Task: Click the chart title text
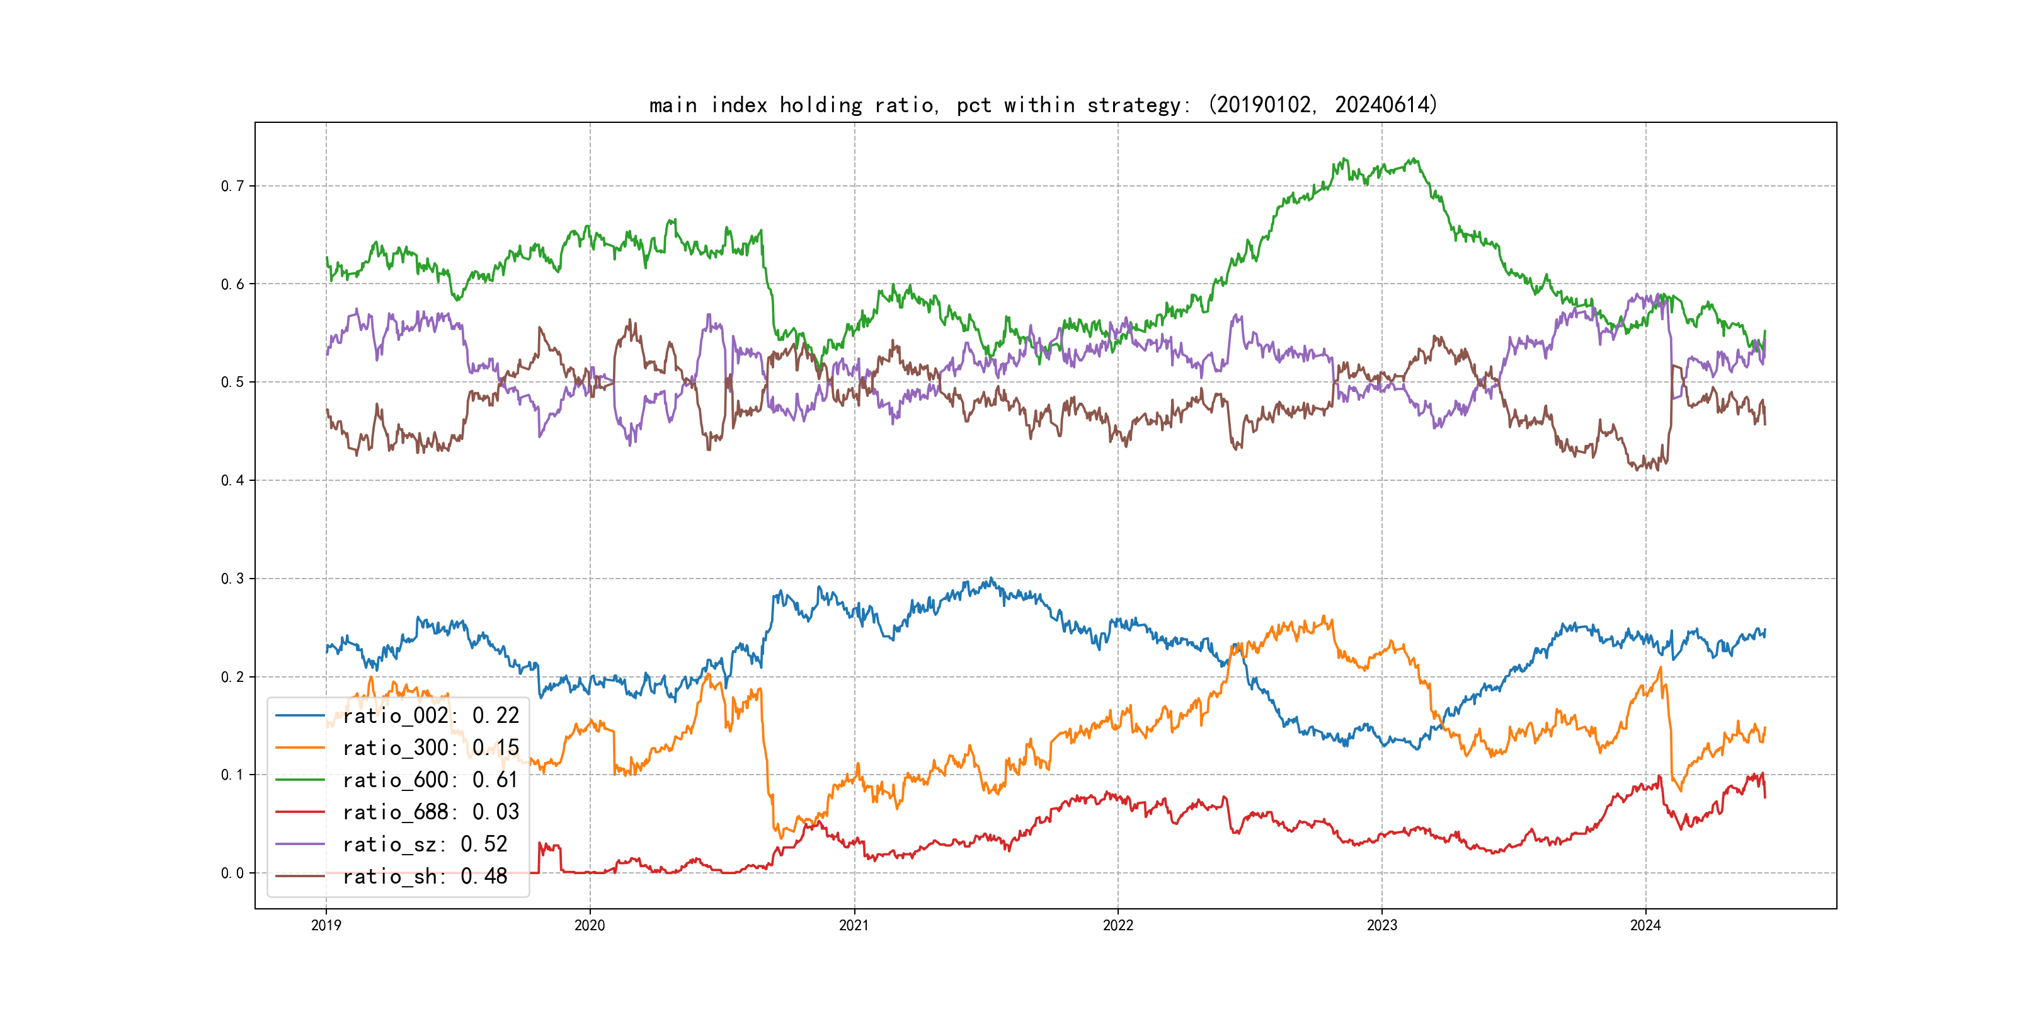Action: click(x=1043, y=105)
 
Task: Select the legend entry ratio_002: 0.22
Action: click(x=430, y=716)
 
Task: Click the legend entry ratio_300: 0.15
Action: click(x=430, y=747)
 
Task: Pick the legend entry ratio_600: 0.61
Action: click(x=430, y=780)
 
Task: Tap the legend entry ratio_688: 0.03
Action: click(x=430, y=812)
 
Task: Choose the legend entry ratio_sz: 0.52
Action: click(x=425, y=845)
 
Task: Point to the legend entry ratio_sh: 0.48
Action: click(x=425, y=876)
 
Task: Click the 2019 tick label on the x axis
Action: click(x=326, y=925)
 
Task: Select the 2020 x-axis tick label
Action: click(x=590, y=925)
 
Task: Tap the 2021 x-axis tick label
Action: click(x=854, y=925)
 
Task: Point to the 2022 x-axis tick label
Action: click(x=1118, y=925)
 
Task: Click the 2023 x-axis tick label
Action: click(x=1382, y=925)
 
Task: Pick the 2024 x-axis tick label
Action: click(x=1645, y=925)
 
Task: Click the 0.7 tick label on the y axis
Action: click(x=232, y=187)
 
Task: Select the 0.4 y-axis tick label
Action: click(x=232, y=480)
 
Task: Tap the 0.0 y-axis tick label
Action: click(x=232, y=873)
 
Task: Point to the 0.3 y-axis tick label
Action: click(x=232, y=579)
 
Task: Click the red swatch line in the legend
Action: click(x=299, y=812)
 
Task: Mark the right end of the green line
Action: click(x=1764, y=332)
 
